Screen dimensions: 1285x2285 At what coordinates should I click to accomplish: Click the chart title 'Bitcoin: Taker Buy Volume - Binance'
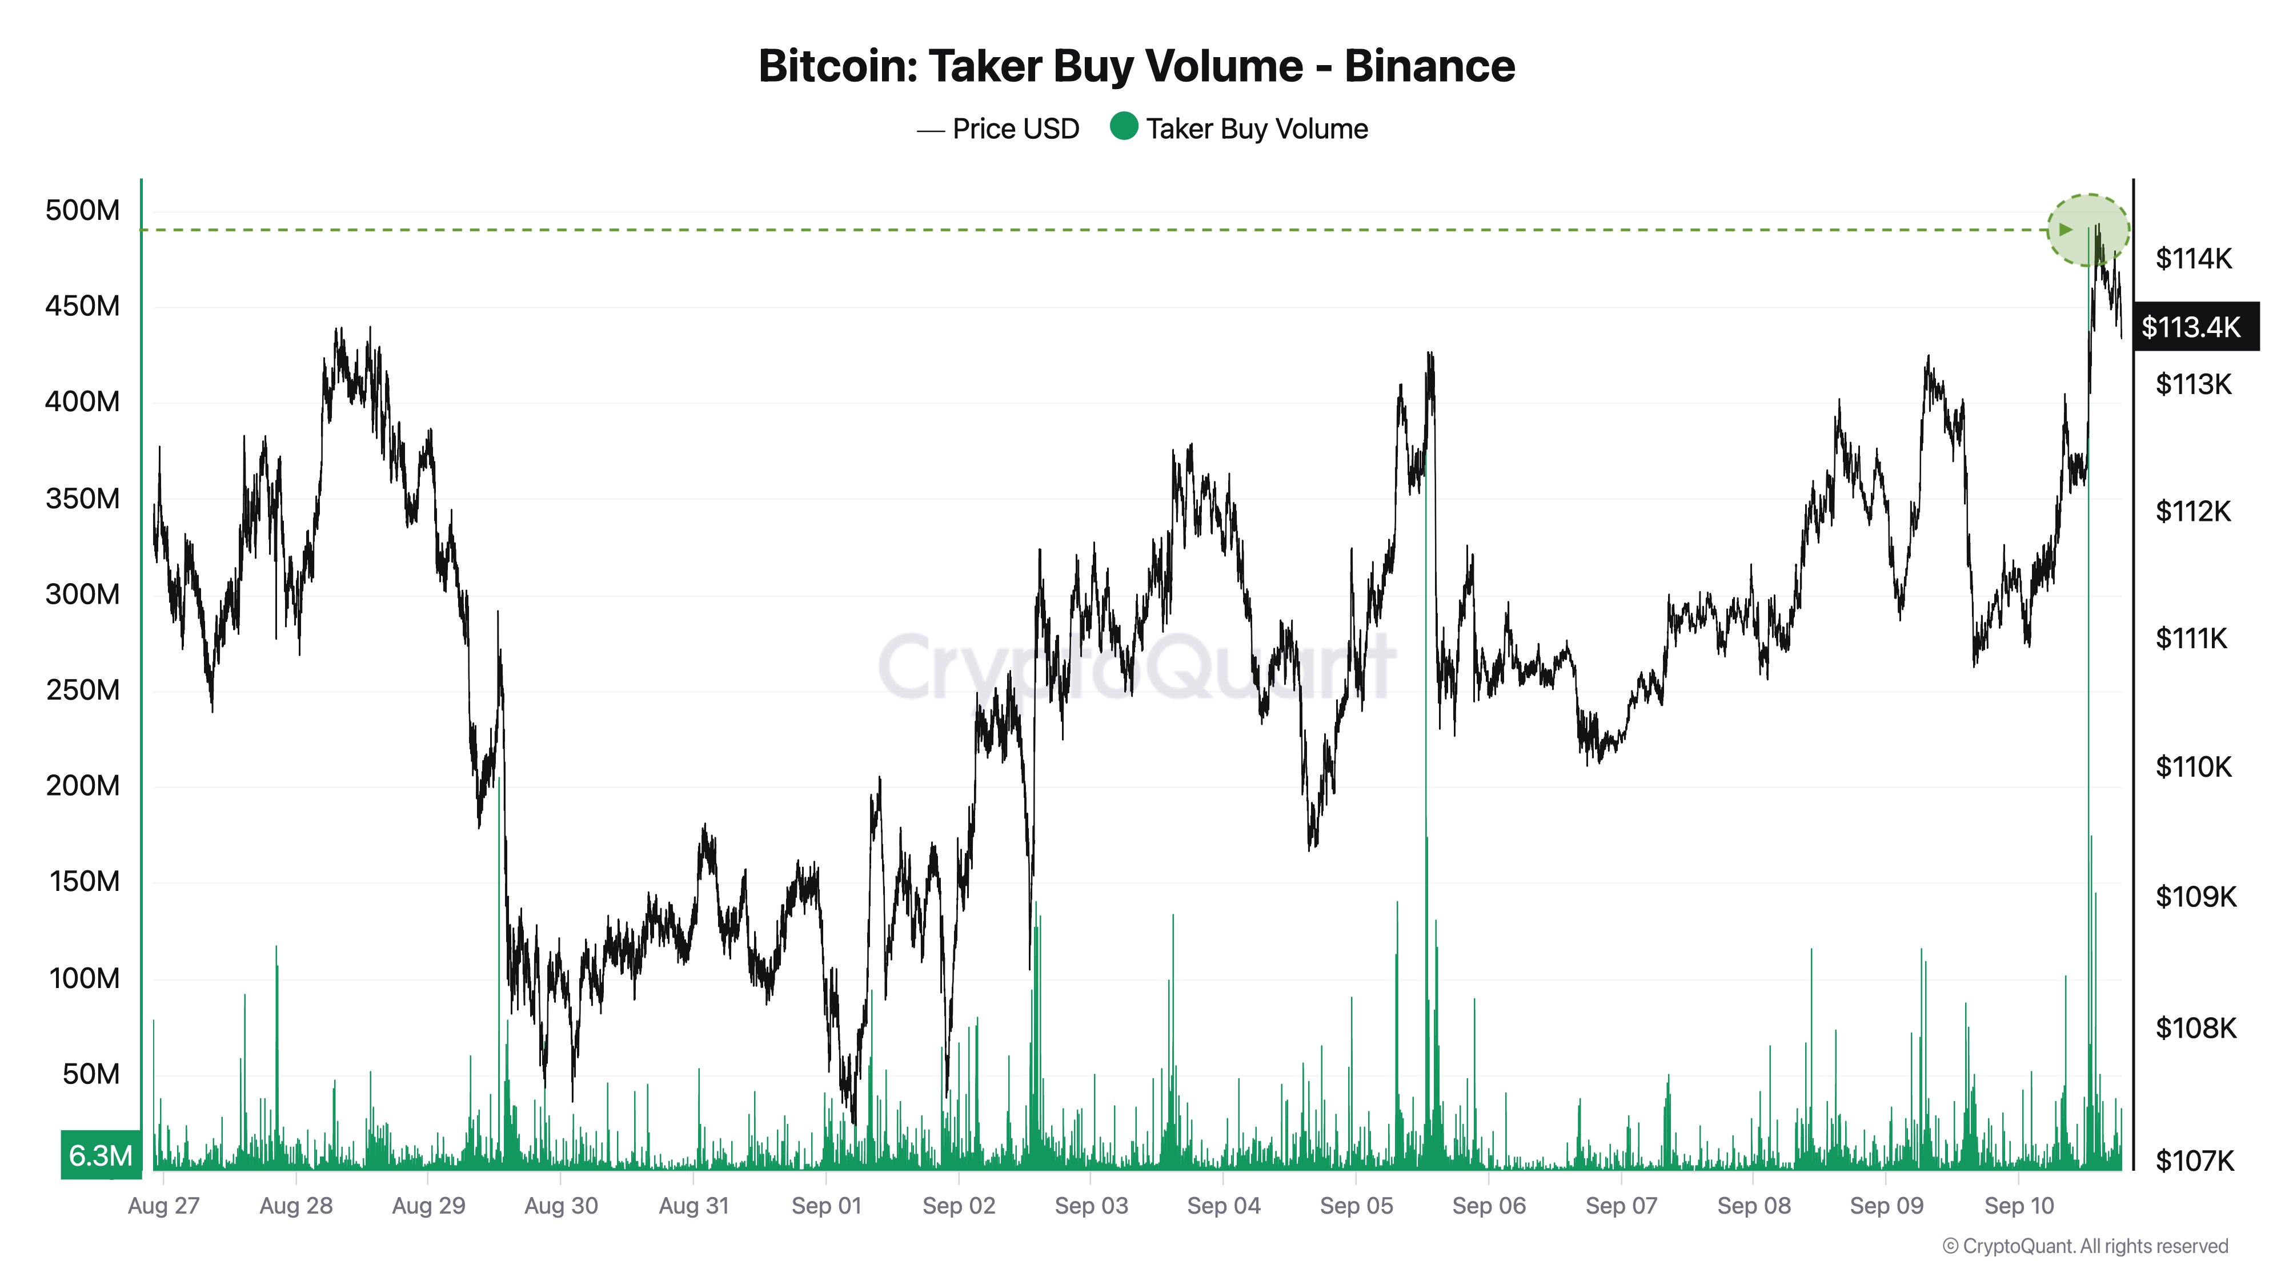point(1136,66)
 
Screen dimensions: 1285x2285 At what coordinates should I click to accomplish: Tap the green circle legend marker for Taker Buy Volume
point(1124,127)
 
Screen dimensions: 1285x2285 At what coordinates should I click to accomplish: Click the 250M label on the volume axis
point(82,690)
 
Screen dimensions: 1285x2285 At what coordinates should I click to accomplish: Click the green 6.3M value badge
point(100,1155)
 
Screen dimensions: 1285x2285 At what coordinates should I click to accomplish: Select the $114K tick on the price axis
point(2194,259)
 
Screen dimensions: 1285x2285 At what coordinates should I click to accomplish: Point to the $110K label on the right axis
point(2194,766)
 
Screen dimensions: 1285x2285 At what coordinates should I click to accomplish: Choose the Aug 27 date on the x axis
point(164,1206)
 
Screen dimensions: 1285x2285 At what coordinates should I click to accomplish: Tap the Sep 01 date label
point(826,1206)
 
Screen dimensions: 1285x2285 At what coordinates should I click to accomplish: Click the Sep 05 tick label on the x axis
point(1356,1206)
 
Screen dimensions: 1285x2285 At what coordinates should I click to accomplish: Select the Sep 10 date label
point(2019,1206)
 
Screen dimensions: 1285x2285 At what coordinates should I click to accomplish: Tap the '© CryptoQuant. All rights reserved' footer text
point(2084,1247)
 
